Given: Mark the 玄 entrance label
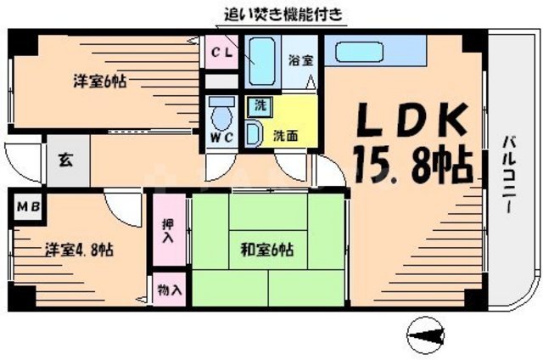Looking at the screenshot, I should pyautogui.click(x=64, y=157).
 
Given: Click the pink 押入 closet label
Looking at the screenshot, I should pyautogui.click(x=168, y=229).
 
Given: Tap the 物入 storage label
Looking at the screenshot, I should pyautogui.click(x=169, y=290).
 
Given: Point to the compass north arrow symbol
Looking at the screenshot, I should pyautogui.click(x=428, y=332).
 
